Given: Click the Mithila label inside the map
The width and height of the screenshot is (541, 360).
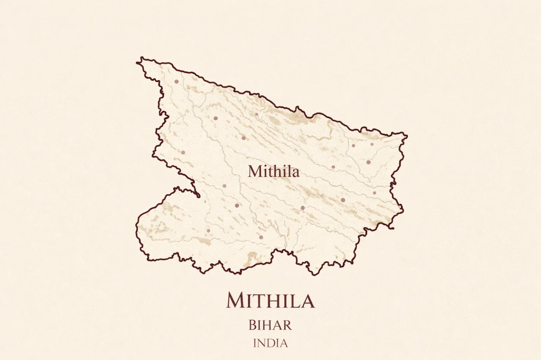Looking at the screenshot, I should (273, 172).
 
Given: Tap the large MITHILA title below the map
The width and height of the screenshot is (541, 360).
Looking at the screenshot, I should (270, 300).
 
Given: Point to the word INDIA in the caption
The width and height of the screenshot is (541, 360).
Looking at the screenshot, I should (270, 343).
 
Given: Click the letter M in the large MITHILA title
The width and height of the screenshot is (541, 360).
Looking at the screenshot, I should (235, 300).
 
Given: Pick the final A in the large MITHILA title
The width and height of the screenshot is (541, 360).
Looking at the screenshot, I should (307, 300).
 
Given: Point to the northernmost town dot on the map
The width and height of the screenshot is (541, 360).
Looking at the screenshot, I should (176, 81).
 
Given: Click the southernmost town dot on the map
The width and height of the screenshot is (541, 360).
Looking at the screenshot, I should (261, 237).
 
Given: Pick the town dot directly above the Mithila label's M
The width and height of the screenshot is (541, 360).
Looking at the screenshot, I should (244, 138).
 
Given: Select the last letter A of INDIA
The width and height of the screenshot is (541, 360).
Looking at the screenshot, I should (284, 343).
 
